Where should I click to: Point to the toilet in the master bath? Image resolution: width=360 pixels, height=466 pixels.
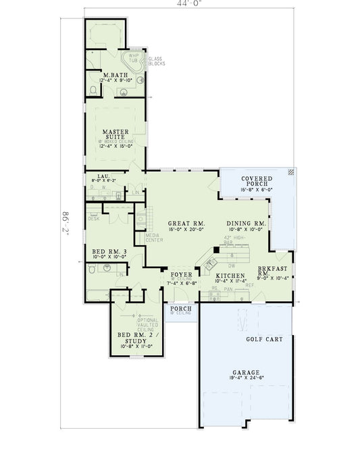[93, 89]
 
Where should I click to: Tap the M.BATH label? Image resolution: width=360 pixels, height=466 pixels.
[111, 74]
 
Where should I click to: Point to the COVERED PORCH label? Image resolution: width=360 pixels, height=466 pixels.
[257, 182]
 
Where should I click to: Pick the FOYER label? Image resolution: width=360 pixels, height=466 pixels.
[181, 274]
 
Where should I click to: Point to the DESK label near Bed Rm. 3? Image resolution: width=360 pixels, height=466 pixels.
[93, 218]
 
